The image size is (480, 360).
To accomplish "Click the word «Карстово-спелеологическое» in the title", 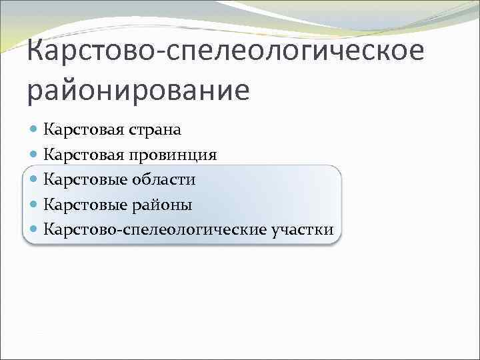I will pos(225,51).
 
